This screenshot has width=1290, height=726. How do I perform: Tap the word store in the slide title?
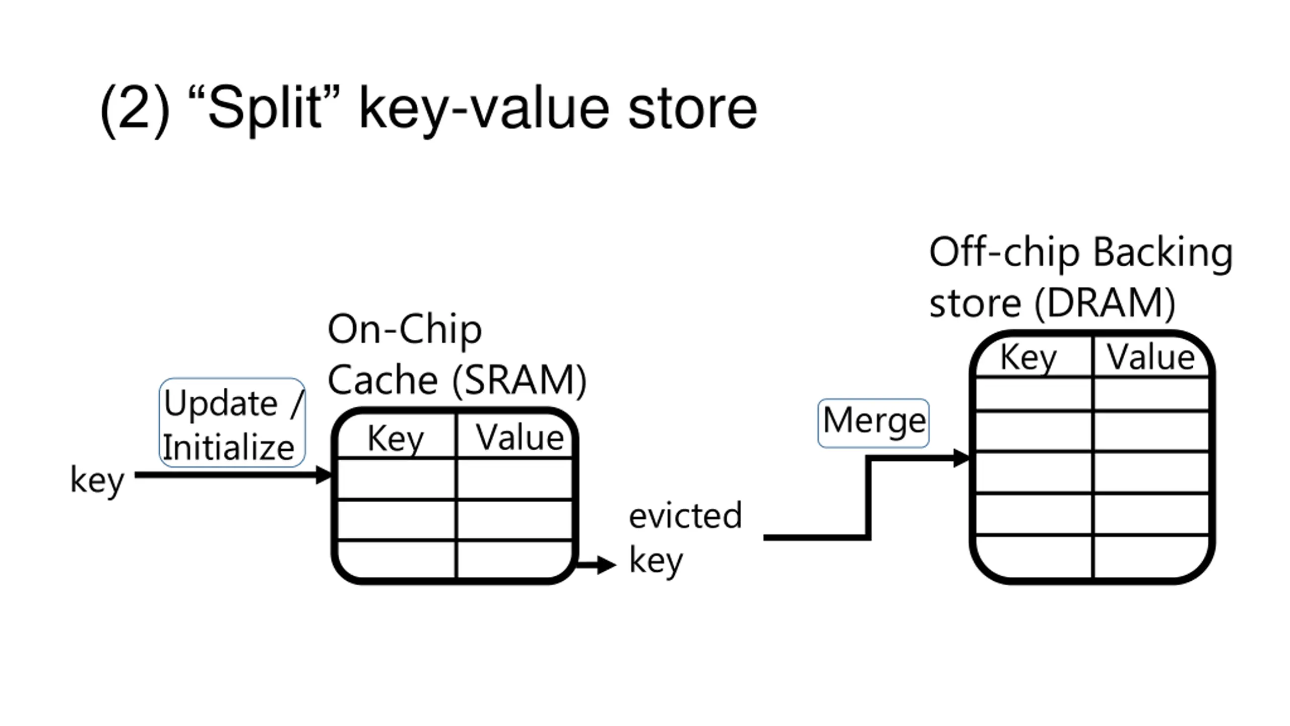(x=692, y=109)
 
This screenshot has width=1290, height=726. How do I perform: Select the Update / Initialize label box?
(x=232, y=422)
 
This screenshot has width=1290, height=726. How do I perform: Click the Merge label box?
(x=873, y=423)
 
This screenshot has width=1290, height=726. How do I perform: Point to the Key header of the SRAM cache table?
(x=396, y=438)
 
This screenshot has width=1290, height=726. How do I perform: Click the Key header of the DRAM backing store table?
(x=1028, y=357)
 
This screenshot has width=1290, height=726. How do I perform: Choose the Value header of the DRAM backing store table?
(x=1151, y=356)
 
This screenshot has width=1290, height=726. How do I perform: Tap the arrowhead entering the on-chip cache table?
(x=324, y=475)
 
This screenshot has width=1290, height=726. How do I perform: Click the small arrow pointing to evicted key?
(x=596, y=564)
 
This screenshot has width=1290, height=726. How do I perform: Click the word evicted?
(x=685, y=516)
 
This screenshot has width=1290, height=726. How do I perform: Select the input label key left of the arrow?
(x=97, y=480)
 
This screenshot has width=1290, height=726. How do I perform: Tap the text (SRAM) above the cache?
(x=520, y=380)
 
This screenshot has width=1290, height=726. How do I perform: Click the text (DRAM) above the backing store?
(x=1105, y=303)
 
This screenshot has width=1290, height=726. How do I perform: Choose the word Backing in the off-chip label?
(x=1163, y=253)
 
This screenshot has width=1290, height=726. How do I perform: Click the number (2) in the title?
(x=135, y=109)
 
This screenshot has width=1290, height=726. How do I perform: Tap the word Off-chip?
(x=1004, y=252)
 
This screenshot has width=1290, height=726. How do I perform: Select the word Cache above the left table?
(x=383, y=380)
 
